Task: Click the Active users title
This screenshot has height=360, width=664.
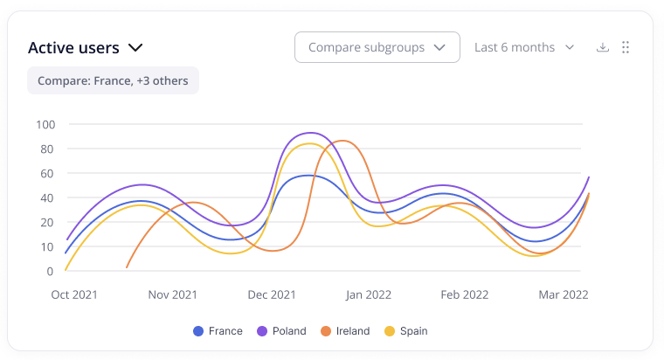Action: point(74,48)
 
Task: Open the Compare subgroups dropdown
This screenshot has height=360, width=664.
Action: point(377,47)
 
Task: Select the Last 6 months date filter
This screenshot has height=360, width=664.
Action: point(523,47)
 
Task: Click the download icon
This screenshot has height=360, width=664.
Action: point(602,47)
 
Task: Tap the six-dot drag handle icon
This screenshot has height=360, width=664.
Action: point(626,47)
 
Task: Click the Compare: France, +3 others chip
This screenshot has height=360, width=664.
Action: point(114,80)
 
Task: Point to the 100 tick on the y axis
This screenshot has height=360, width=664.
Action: point(45,124)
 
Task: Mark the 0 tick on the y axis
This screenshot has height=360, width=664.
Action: point(51,271)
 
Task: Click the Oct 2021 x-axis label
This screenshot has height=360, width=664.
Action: point(74,295)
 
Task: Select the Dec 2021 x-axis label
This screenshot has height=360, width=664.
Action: point(272,295)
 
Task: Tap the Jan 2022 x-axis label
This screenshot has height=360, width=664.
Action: point(370,295)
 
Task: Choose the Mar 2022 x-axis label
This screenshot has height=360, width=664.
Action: point(564,295)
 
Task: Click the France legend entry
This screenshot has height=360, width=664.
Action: point(218,331)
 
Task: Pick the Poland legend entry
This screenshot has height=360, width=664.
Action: point(281,331)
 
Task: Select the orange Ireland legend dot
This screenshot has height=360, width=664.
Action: point(325,331)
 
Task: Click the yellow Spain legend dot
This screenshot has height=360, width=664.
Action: point(390,331)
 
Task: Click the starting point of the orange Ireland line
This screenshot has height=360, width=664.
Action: point(127,267)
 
